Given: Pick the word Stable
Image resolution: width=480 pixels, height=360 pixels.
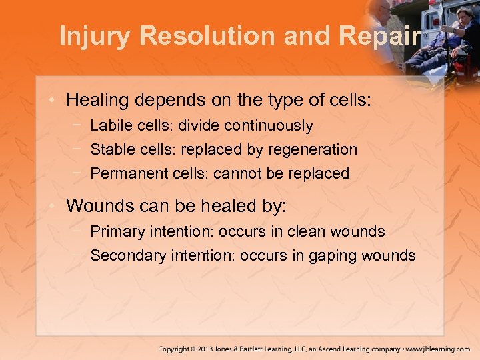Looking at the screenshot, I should click(x=110, y=149).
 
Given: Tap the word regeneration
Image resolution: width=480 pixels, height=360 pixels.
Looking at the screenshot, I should click(x=313, y=149).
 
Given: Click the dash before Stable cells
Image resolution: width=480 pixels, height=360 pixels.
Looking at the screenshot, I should click(x=79, y=149).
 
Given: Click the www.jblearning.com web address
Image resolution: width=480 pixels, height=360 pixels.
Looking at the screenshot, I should click(x=437, y=349).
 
